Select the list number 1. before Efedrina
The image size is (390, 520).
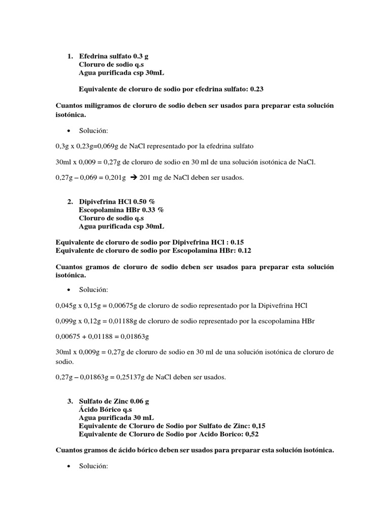click(70, 56)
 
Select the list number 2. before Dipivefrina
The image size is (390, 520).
click(70, 202)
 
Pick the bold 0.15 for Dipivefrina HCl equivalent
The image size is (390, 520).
click(237, 242)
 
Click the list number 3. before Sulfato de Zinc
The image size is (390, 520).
click(70, 401)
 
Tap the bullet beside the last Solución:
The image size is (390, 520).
click(68, 467)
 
